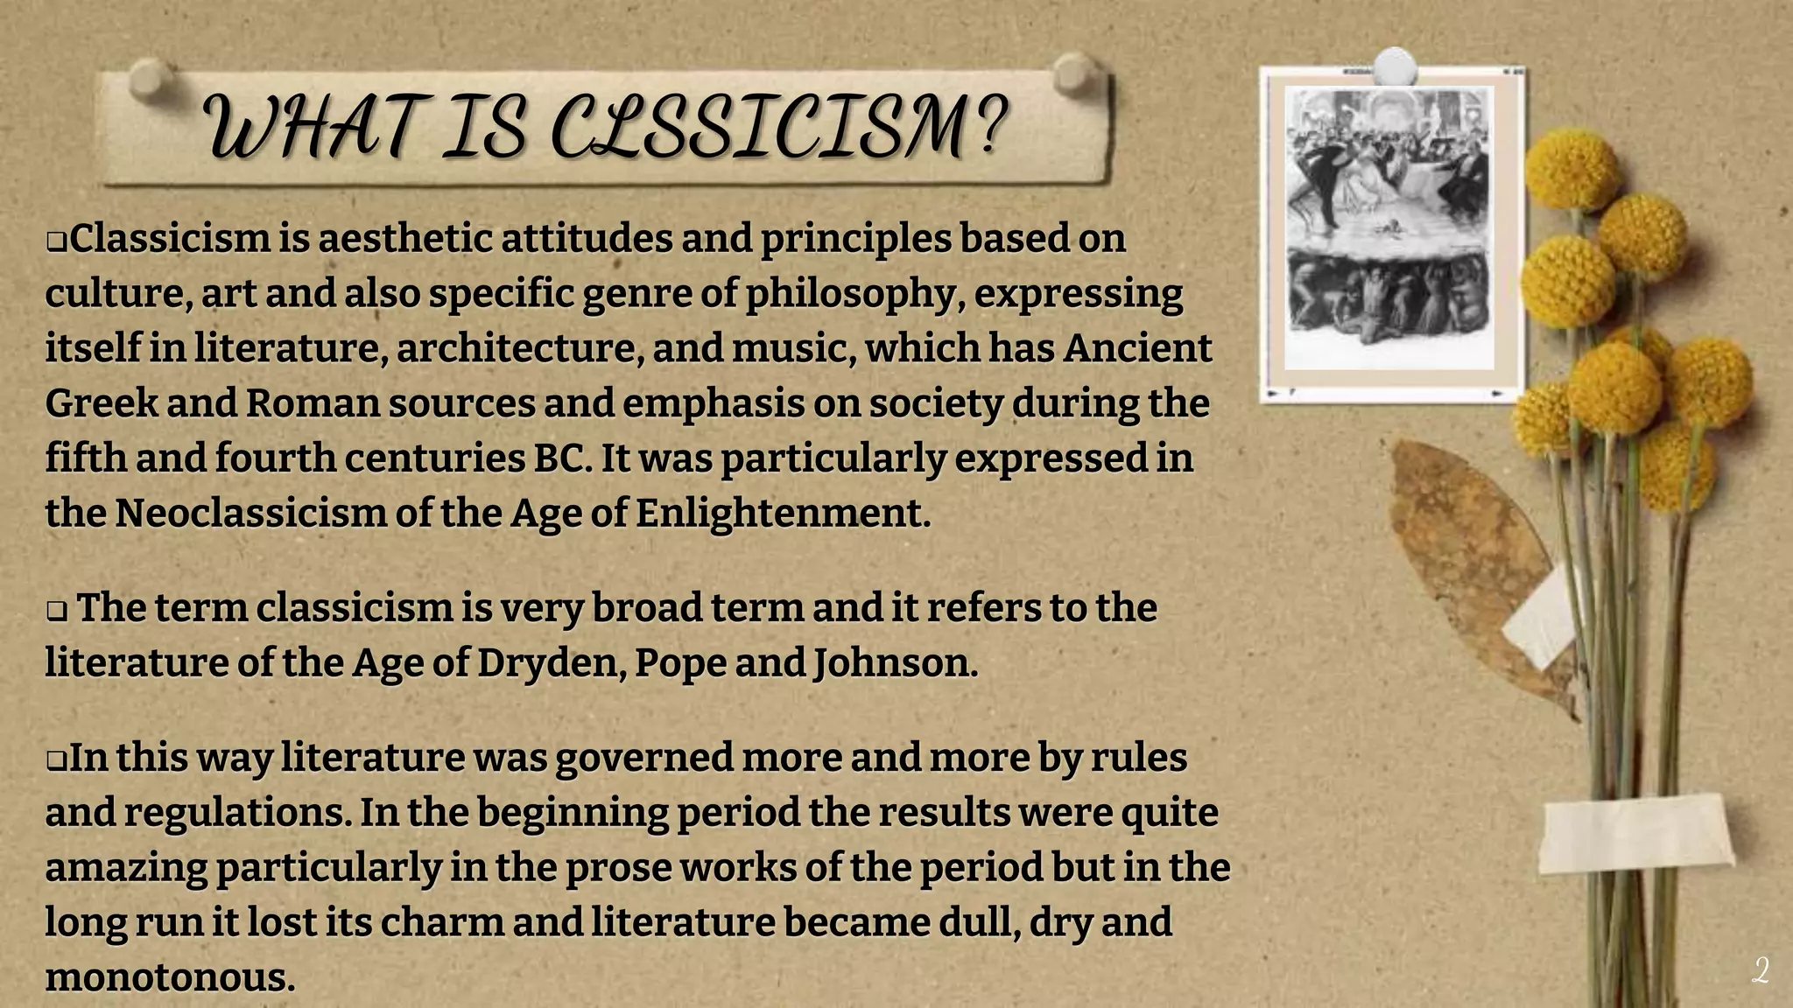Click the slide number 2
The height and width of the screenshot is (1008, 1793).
(1761, 971)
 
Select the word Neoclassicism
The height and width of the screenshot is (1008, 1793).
(250, 513)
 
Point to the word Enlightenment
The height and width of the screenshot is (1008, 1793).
(782, 513)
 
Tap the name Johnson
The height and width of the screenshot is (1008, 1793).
(895, 662)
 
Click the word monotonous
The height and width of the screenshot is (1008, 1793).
(170, 977)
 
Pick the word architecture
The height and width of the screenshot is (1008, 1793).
(516, 348)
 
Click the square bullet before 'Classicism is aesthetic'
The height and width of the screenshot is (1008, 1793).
(57, 241)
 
